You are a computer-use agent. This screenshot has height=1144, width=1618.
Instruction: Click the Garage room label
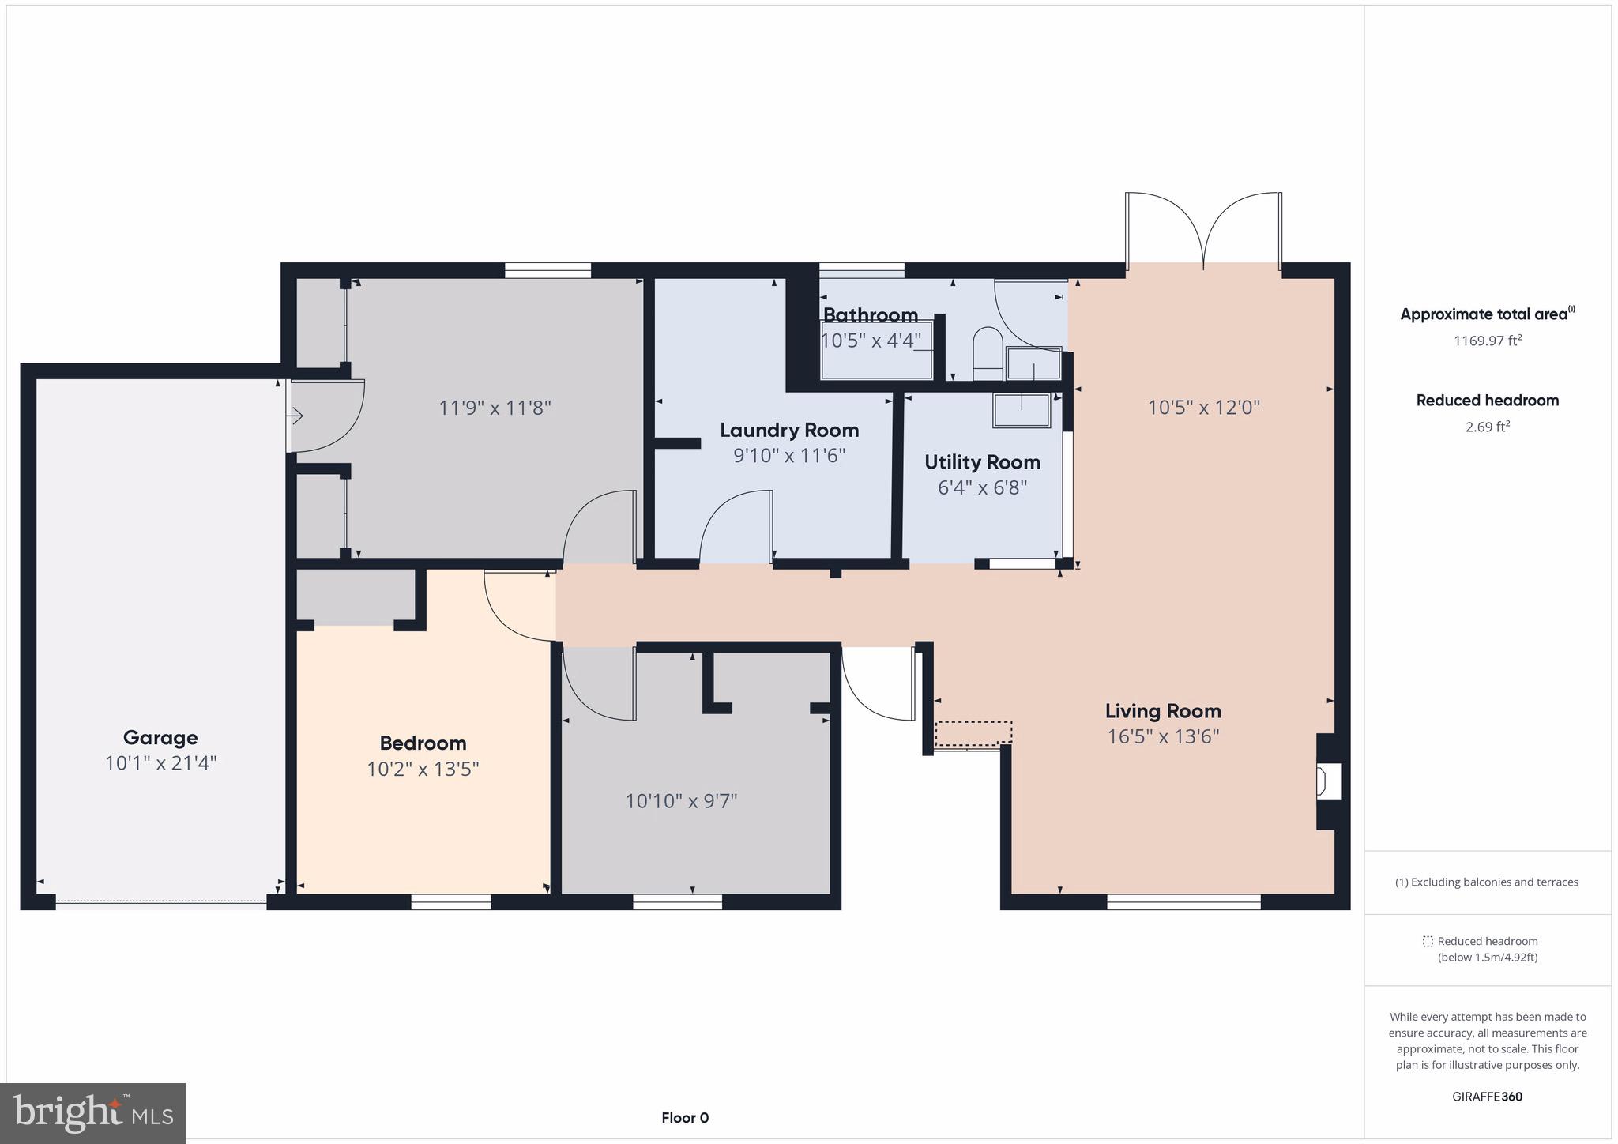click(x=160, y=737)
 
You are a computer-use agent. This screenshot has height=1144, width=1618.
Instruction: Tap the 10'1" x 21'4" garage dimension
click(x=160, y=763)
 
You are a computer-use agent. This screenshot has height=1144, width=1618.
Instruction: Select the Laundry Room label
click(x=788, y=430)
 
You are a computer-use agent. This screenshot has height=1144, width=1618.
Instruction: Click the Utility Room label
click(x=982, y=462)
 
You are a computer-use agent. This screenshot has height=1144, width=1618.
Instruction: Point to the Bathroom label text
click(x=870, y=315)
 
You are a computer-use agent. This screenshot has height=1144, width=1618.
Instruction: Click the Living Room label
click(x=1162, y=711)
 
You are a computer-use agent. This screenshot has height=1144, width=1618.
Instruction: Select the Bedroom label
click(x=423, y=743)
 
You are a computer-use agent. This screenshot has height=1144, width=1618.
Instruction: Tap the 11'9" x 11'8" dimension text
click(x=495, y=408)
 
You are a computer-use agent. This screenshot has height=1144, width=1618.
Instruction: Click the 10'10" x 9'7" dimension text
click(x=681, y=801)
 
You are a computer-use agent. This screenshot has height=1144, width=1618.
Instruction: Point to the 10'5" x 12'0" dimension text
click(x=1203, y=408)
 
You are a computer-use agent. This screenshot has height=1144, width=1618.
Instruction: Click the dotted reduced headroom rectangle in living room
click(x=973, y=732)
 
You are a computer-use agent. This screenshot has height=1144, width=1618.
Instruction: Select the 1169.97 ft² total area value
click(x=1487, y=341)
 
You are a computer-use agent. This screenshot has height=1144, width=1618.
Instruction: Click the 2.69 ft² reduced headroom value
click(x=1487, y=427)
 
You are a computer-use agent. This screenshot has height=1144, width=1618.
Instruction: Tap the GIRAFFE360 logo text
click(x=1487, y=1097)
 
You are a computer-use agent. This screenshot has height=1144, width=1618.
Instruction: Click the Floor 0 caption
click(x=685, y=1117)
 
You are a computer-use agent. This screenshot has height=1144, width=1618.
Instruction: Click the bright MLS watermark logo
click(x=93, y=1113)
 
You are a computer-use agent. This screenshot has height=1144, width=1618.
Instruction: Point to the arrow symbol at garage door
click(x=295, y=416)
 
